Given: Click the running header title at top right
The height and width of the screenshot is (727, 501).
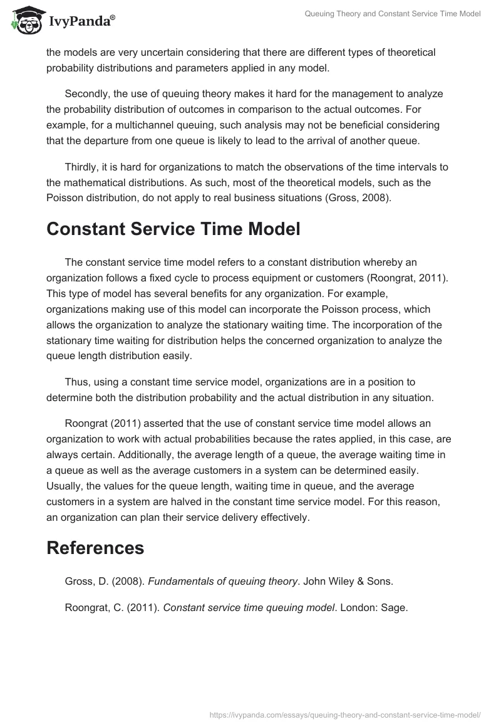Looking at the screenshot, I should (x=393, y=14).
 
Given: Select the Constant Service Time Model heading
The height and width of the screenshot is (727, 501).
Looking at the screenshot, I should (x=173, y=229).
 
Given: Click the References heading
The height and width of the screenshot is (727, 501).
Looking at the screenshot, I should (x=95, y=548).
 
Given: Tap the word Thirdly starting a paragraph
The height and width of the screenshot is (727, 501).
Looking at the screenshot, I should (x=82, y=167).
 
